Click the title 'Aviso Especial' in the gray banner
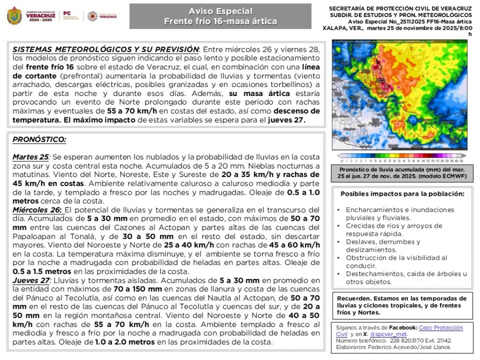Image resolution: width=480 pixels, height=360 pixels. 220,11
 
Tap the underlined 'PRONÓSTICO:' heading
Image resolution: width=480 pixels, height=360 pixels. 39,140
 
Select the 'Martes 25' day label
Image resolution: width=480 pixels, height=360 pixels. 30,157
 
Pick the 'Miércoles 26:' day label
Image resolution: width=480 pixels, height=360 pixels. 37,210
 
